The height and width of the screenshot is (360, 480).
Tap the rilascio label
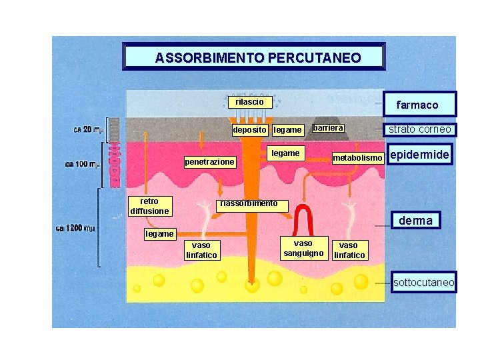coord(250,102)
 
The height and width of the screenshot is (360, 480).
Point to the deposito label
coord(250,129)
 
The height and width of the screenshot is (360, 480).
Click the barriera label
coord(328,127)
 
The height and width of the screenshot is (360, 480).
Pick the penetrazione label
coord(209,162)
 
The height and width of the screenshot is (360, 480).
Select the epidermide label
coord(420,155)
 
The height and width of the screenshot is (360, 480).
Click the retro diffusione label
coord(149,206)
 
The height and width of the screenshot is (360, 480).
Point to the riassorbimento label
coord(248,203)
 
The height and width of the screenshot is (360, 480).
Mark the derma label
coord(415,221)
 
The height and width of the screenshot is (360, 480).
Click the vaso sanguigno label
coord(303,248)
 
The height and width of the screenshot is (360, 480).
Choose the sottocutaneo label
coord(423,283)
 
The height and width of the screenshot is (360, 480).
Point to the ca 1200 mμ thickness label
coord(75,228)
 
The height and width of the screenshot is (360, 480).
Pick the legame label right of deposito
coord(287,129)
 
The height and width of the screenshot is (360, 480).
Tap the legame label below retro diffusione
coord(159,234)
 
